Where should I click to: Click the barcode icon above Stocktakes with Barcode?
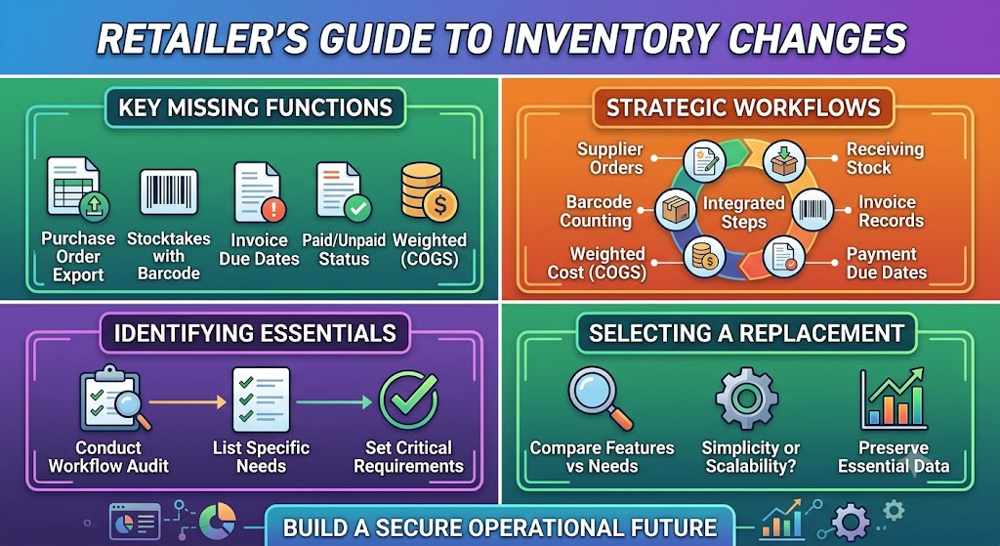pos(168,191)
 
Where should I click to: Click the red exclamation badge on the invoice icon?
pos(273,209)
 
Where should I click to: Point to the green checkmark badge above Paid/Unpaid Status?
pos(357,209)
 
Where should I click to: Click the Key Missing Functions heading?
pos(255,107)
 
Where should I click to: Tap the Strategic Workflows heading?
pos(743,107)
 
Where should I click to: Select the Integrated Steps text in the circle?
pos(743,213)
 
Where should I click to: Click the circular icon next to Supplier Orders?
pos(705,162)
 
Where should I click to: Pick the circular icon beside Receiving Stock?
pos(784,161)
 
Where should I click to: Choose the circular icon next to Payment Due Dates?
pos(784,258)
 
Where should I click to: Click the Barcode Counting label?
pos(596,212)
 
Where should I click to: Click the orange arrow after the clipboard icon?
pos(187,401)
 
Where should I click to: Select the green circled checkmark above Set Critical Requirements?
pos(408,400)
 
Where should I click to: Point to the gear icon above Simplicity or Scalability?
pos(747,398)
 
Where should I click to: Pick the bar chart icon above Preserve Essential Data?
pos(893,399)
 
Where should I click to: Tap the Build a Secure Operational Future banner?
pos(500,526)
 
